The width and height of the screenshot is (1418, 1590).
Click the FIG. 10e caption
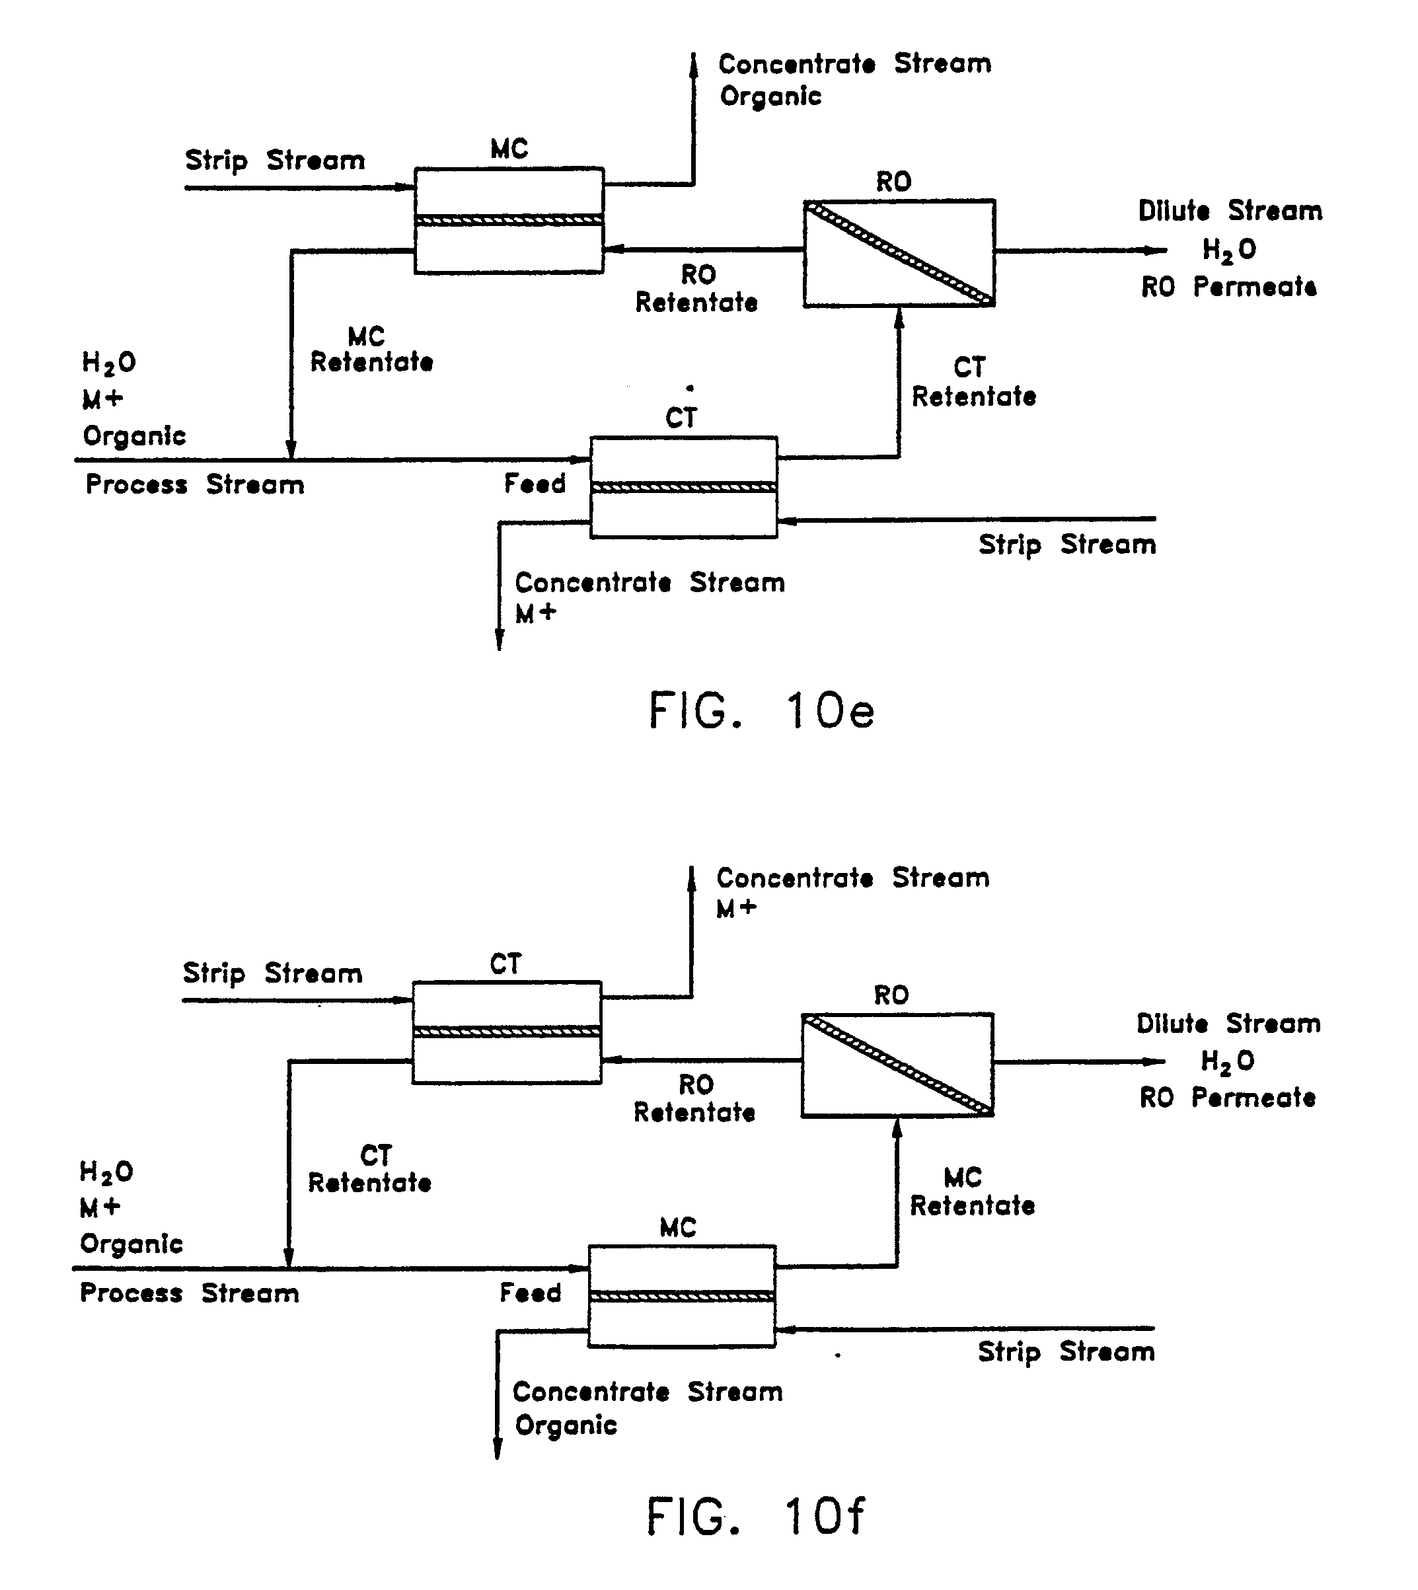761,710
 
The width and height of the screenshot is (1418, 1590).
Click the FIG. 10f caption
756,1516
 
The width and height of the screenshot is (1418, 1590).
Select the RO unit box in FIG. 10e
899,253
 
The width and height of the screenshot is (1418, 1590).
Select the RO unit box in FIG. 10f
897,1065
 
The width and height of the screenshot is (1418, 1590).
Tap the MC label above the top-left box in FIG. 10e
509,149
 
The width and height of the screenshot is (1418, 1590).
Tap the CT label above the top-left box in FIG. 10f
505,964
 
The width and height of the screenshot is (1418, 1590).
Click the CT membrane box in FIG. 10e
683,487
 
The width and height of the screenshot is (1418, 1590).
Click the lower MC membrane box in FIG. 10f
682,1295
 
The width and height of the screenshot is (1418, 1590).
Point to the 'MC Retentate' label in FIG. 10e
371,350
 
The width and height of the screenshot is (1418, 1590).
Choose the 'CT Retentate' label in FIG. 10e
973,383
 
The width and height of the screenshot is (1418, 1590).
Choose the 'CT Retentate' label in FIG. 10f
370,1168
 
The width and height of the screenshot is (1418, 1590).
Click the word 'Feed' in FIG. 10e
535,484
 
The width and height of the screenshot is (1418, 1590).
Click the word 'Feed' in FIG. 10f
530,1293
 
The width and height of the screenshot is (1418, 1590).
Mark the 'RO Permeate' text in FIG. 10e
1228,287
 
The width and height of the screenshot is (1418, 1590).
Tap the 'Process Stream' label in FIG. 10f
190,1293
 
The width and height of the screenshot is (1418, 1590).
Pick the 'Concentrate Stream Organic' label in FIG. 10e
854,79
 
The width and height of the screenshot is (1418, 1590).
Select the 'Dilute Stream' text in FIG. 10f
1228,1024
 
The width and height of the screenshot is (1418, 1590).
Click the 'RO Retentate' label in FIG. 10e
696,288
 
